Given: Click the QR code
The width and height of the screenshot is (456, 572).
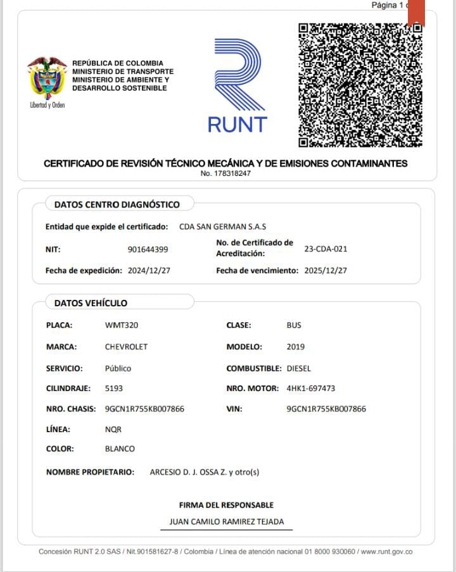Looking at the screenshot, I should (360, 85).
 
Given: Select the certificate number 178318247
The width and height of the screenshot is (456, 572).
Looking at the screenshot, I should (225, 173).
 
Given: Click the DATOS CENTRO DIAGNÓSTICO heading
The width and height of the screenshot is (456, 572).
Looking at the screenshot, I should (117, 204).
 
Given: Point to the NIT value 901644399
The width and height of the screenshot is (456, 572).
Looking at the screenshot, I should (148, 249).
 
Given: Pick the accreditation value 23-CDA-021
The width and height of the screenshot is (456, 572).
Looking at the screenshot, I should (326, 249).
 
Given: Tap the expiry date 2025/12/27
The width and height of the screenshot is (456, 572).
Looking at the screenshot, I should (326, 270).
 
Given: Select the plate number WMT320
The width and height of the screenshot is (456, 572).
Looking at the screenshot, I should (122, 325).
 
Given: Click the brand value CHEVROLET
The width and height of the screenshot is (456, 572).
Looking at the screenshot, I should (126, 347).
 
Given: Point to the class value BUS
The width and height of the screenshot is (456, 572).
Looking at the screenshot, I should (294, 325).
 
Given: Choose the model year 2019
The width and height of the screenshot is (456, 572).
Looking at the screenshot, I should (295, 347).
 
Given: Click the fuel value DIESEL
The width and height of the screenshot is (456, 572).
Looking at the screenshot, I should (299, 368).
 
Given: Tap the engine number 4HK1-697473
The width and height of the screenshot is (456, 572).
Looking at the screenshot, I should (311, 389).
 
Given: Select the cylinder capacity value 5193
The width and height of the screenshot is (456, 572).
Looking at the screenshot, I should (114, 389).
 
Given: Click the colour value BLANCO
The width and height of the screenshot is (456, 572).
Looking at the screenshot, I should (120, 449).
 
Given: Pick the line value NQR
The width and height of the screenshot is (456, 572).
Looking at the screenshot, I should (113, 429).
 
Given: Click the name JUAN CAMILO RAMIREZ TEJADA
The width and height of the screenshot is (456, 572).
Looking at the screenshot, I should (227, 522).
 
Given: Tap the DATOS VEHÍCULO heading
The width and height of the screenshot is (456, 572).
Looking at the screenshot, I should (91, 303).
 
